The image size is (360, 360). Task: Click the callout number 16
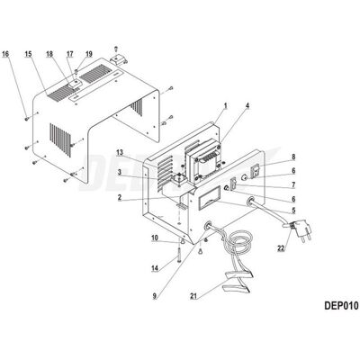[5, 54]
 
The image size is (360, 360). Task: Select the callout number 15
[28, 54]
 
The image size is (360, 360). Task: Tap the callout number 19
[89, 54]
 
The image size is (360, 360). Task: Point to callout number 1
[226, 105]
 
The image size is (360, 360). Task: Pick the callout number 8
[293, 157]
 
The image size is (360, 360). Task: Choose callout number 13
[120, 153]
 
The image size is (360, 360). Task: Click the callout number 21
[193, 296]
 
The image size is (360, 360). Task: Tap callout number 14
[155, 268]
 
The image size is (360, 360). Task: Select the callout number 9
[155, 296]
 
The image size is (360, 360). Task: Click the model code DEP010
[341, 306]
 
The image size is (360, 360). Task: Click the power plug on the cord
[302, 229]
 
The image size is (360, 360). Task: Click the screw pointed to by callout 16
[27, 119]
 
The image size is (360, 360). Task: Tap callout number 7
[293, 185]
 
